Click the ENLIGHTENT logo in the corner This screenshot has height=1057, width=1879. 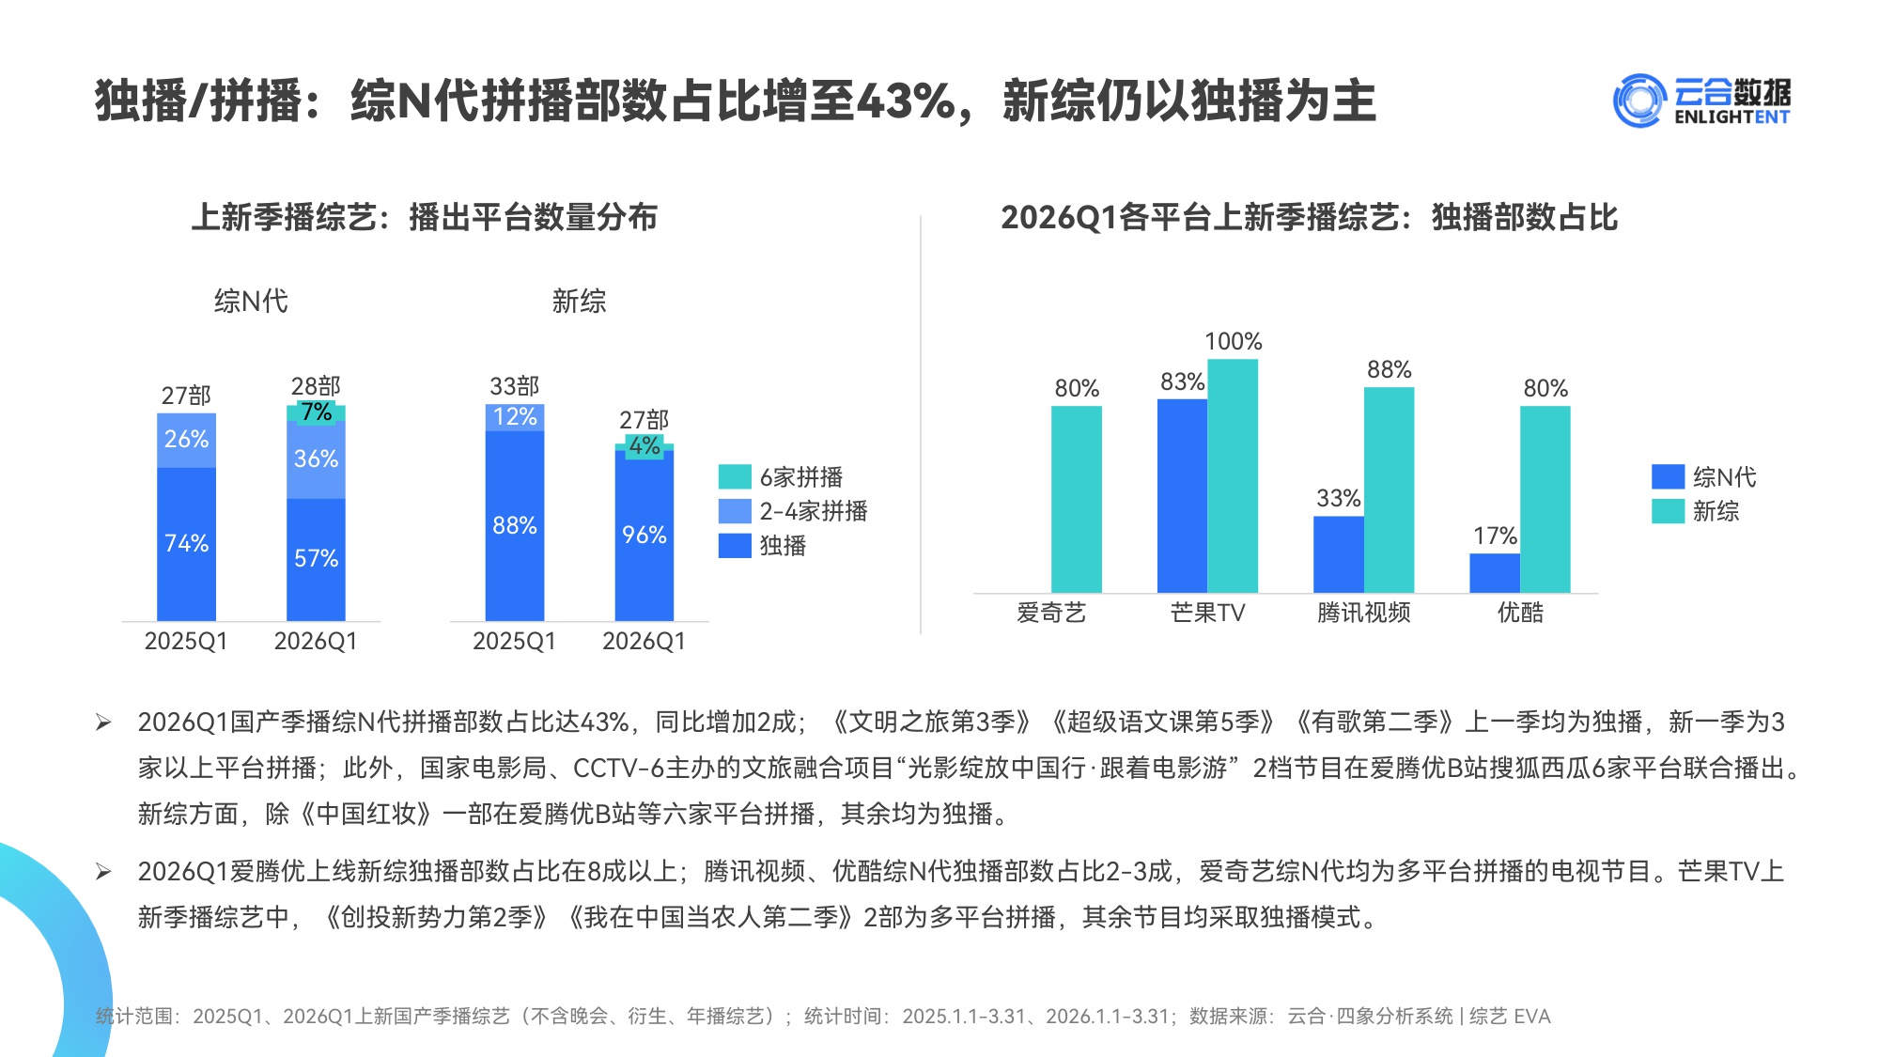click(x=1701, y=101)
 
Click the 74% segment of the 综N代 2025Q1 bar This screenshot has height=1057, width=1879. click(x=186, y=543)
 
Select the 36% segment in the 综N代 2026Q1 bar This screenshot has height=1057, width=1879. click(x=316, y=459)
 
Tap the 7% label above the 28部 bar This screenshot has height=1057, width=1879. click(x=316, y=412)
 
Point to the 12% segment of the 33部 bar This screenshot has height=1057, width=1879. click(x=515, y=417)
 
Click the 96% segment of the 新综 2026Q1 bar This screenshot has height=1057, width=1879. click(x=644, y=536)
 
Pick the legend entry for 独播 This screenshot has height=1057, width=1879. click(x=763, y=546)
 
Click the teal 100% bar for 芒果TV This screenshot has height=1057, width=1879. click(x=1233, y=474)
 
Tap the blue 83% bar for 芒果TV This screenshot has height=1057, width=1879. click(x=1182, y=495)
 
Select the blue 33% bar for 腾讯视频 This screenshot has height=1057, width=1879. click(x=1339, y=554)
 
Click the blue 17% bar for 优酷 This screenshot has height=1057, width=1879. click(x=1495, y=573)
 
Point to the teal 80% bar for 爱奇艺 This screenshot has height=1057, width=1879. click(x=1077, y=498)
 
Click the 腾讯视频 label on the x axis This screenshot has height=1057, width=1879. click(x=1363, y=613)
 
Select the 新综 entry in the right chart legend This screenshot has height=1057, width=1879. click(x=1697, y=511)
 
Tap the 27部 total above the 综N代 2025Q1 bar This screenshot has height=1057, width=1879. click(x=186, y=396)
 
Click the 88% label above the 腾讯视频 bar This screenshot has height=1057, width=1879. click(x=1390, y=369)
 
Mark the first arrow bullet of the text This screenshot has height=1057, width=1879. click(x=103, y=723)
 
